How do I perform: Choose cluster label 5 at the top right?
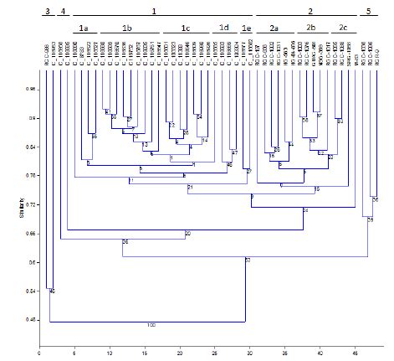point(369,11)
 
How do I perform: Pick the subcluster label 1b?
point(127,28)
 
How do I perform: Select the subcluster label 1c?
point(185,28)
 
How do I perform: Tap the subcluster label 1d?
point(223,28)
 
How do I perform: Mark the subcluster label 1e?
point(246,28)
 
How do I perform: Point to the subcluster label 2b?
point(310,28)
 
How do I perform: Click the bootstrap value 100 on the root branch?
point(151,325)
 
